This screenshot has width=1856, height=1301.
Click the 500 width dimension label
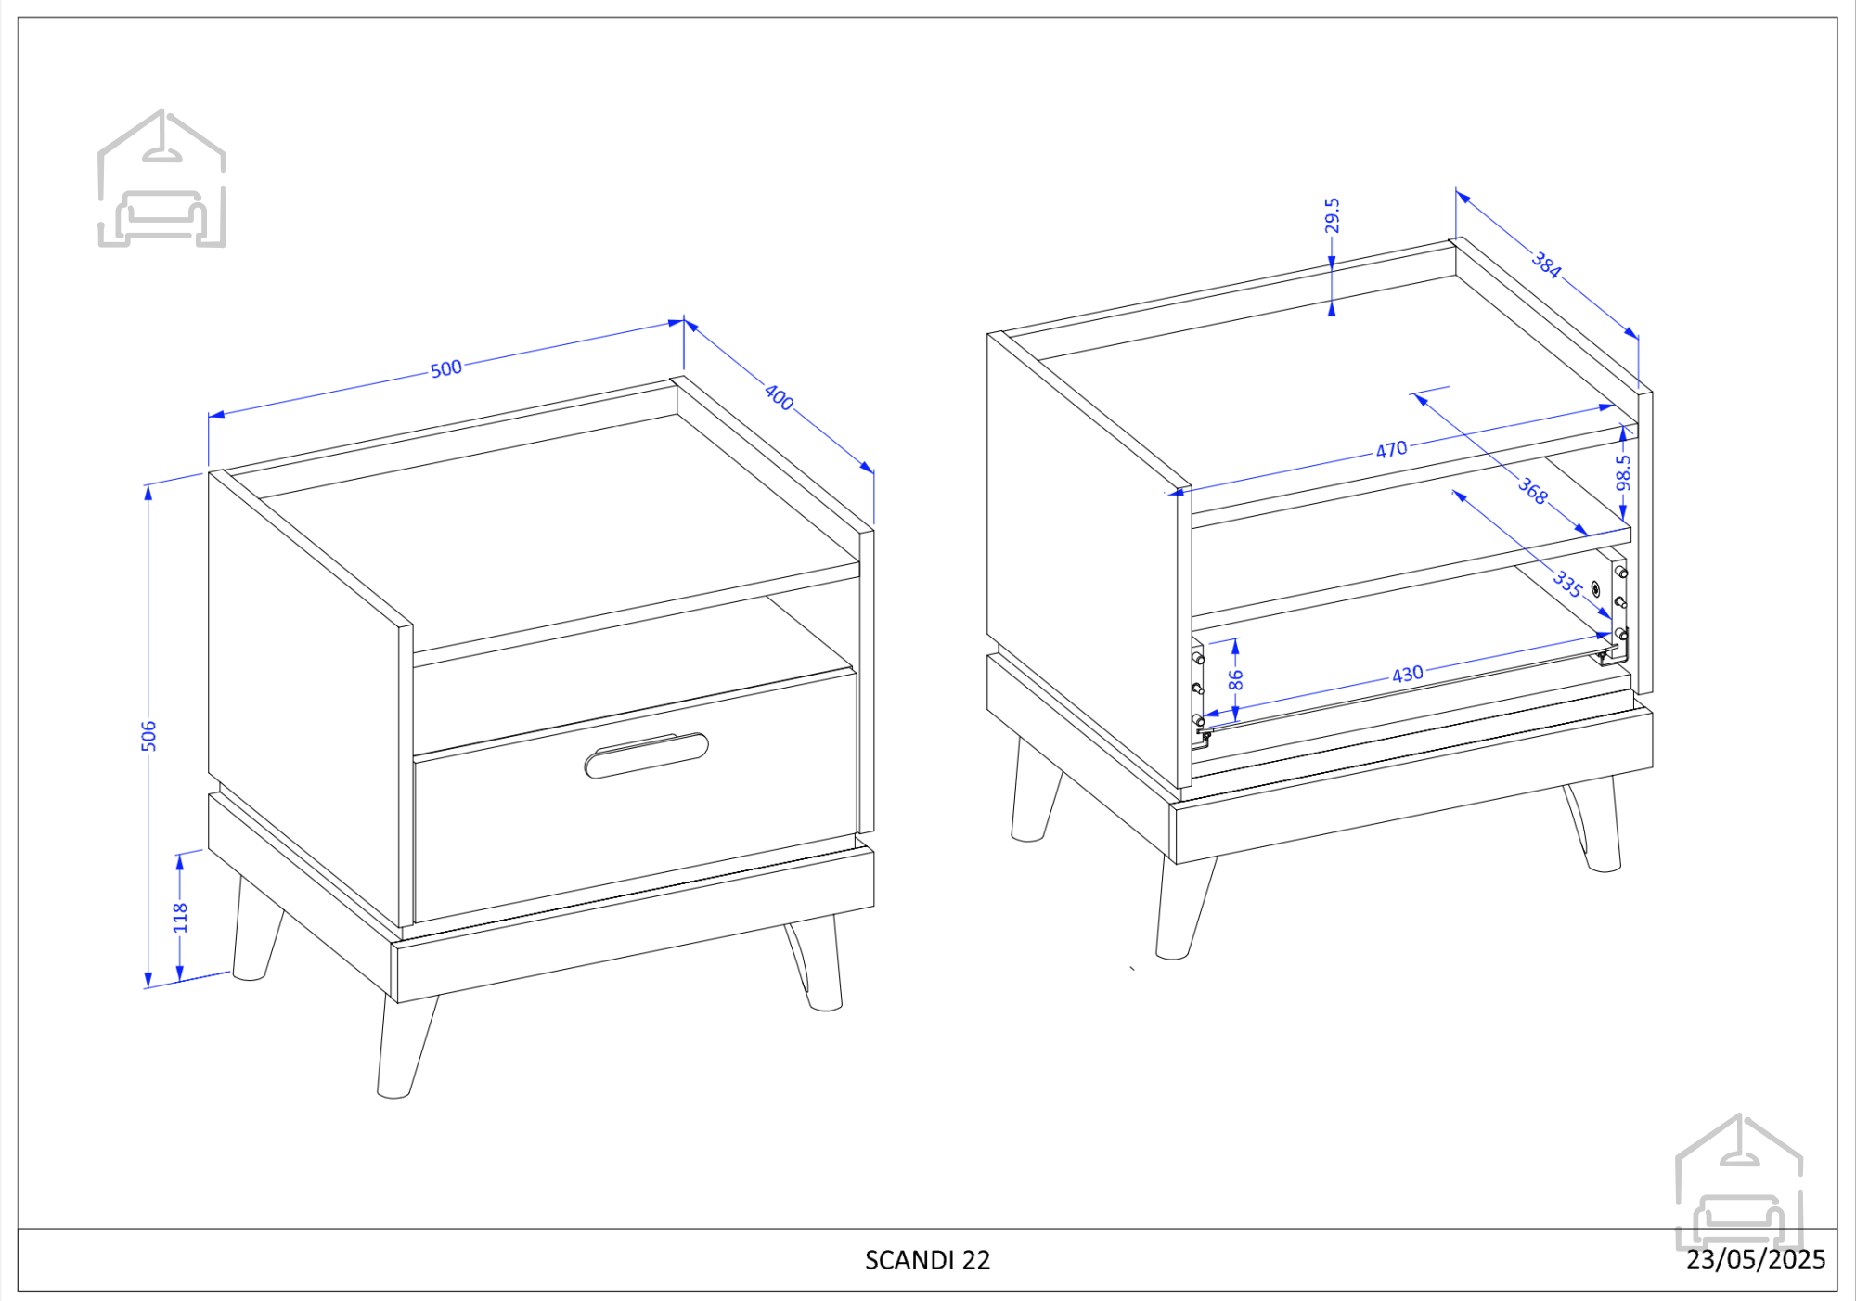(446, 368)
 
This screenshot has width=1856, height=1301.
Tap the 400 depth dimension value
(779, 397)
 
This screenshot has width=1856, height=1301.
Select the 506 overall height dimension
(148, 736)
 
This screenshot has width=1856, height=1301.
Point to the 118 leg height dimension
(180, 918)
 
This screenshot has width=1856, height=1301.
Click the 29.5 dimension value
(1332, 215)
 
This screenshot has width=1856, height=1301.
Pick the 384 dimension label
(1546, 264)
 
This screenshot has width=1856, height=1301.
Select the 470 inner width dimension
(1391, 450)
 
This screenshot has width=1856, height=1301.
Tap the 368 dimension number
(1533, 490)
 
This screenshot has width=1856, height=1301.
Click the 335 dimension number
(1568, 583)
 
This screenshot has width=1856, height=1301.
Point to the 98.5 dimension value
(1623, 472)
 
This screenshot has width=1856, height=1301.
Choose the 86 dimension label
(1235, 680)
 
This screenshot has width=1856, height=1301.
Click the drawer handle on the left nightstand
(647, 755)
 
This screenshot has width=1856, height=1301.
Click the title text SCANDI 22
(928, 1260)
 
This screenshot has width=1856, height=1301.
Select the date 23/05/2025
(1756, 1259)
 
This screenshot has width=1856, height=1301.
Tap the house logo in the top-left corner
(162, 178)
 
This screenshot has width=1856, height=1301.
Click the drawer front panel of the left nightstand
(635, 796)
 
